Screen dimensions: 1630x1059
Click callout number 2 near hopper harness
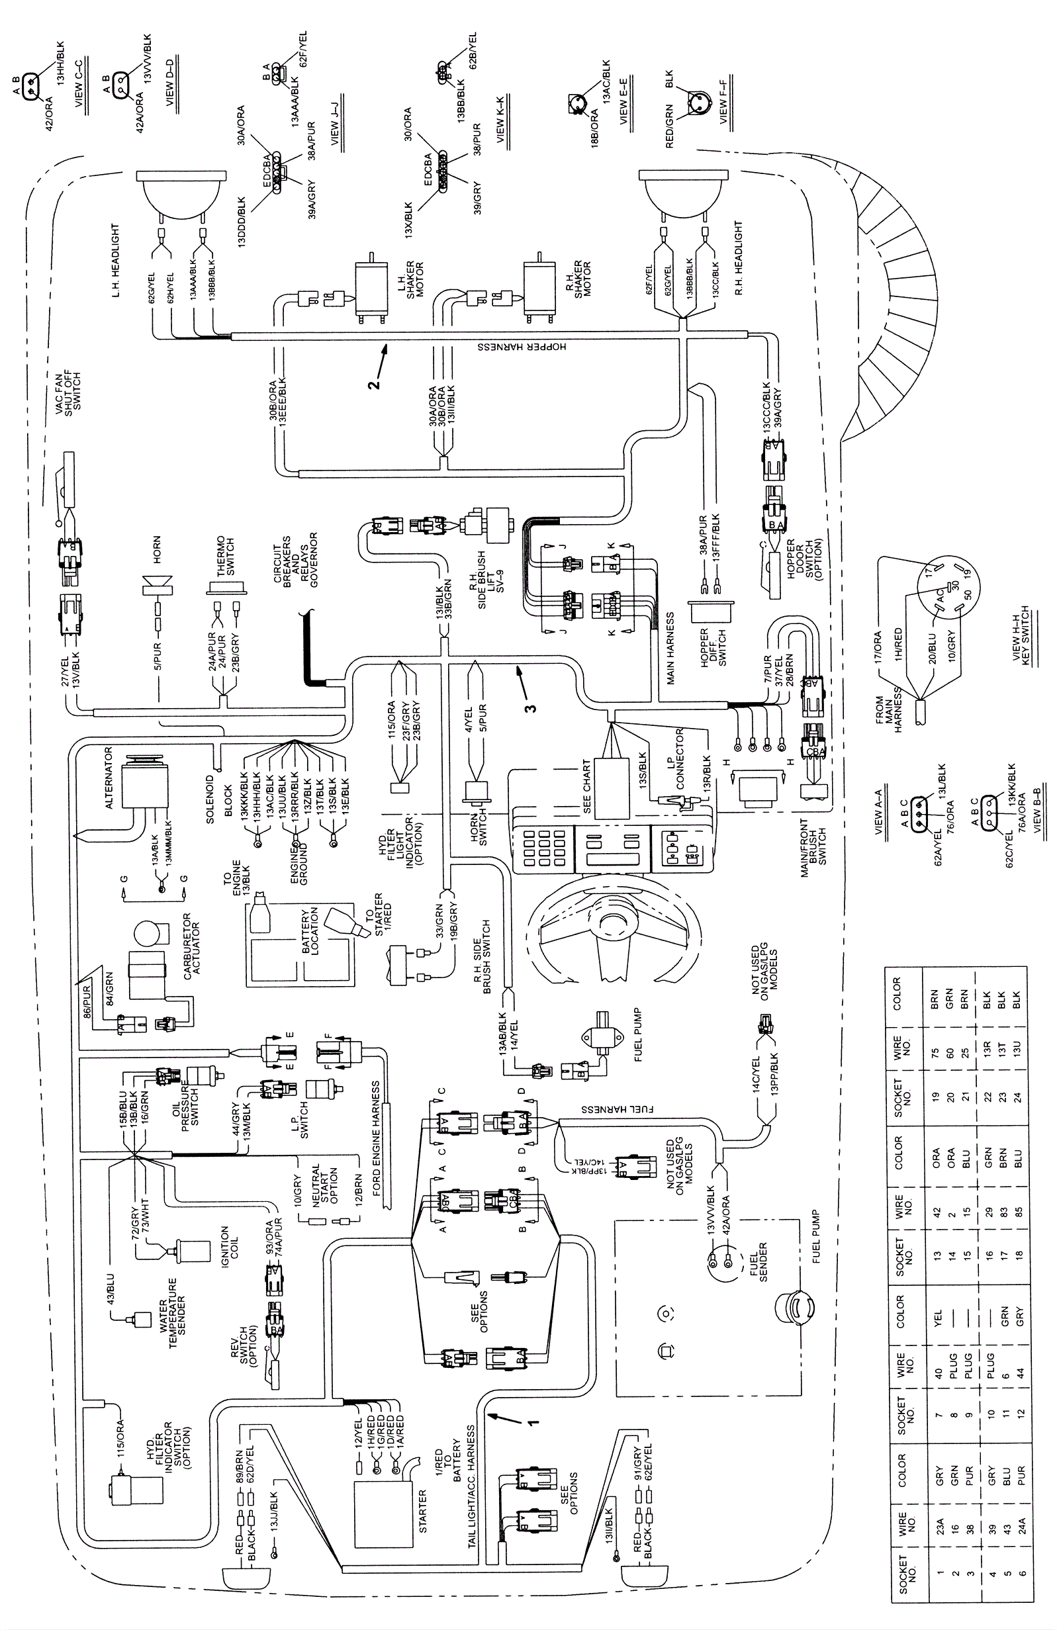[373, 385]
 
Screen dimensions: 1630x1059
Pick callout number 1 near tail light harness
[531, 1422]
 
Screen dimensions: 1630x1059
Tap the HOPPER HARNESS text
[522, 347]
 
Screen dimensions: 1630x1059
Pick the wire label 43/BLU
[111, 1287]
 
